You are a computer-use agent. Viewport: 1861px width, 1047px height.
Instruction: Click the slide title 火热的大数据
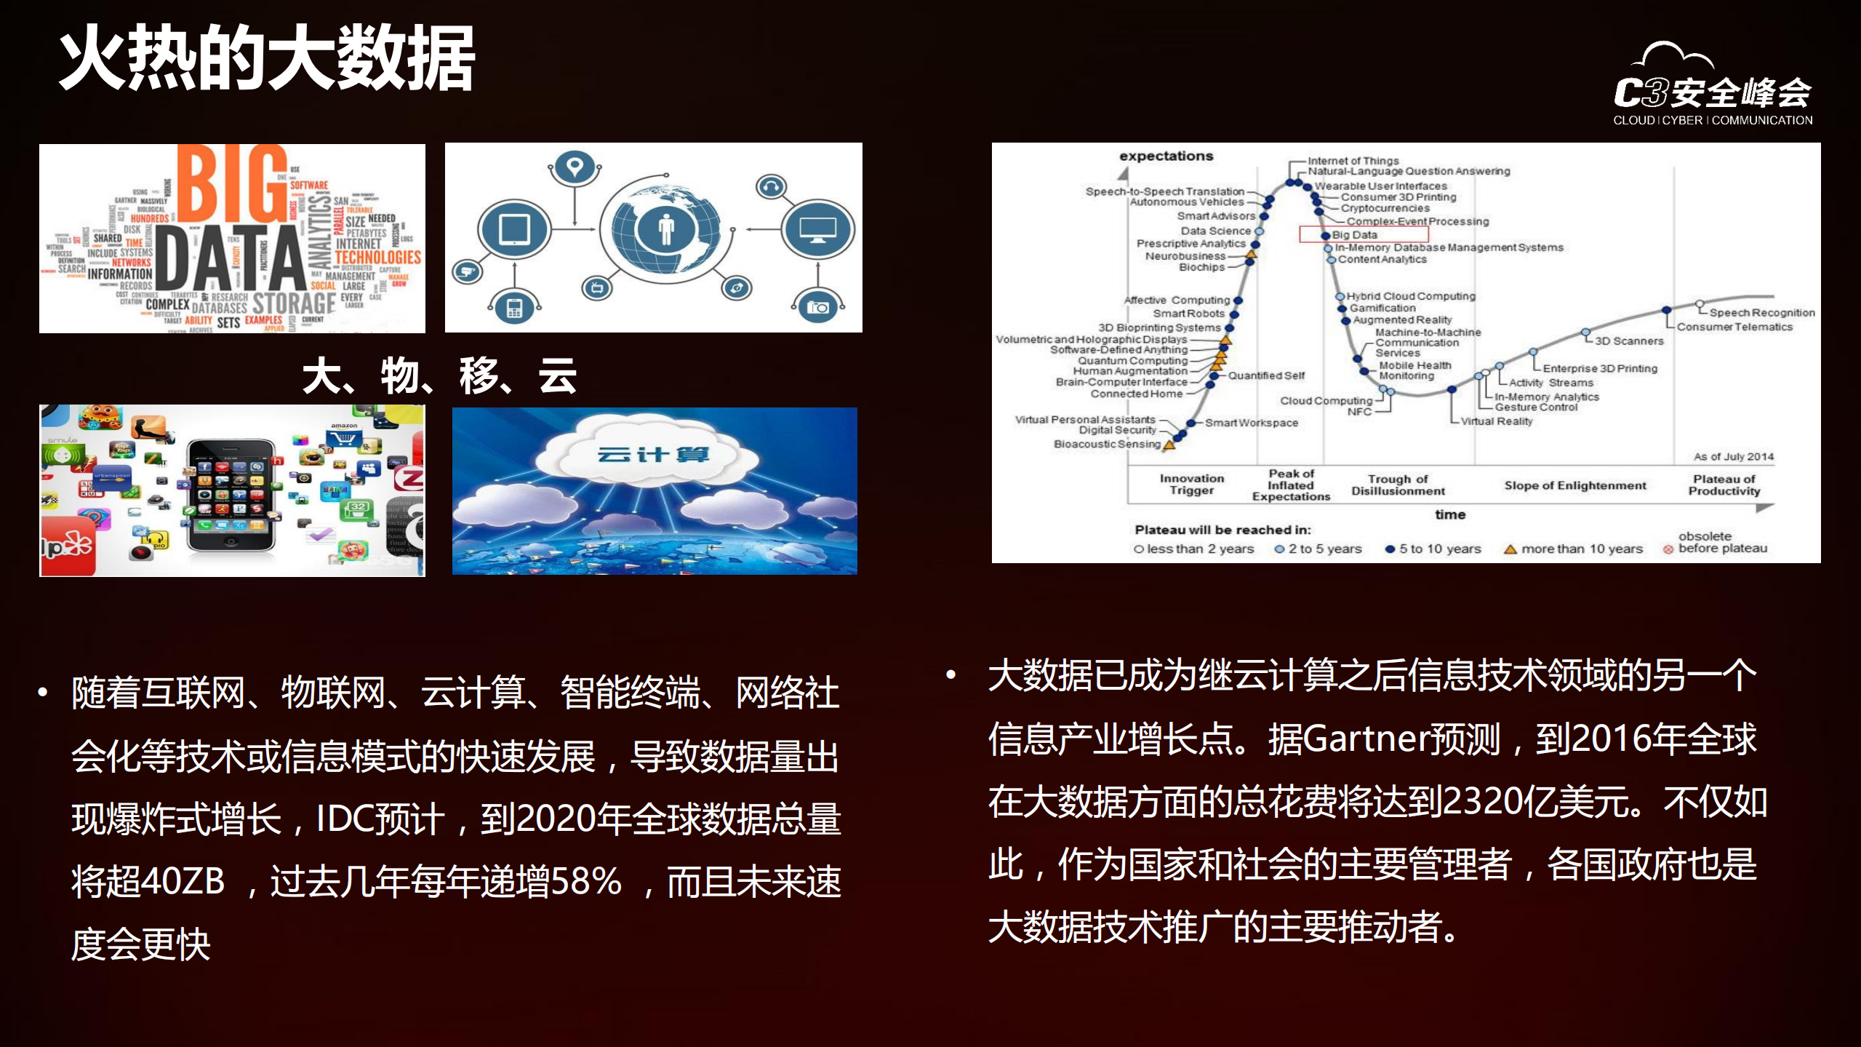pos(266,58)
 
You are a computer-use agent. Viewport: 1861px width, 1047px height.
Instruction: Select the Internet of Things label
pos(1353,160)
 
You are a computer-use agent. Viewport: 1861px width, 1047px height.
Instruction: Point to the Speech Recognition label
pos(1761,312)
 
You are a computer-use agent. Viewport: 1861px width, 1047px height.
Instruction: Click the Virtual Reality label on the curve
pos(1496,421)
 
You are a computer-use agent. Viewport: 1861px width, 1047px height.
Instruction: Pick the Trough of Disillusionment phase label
pos(1398,485)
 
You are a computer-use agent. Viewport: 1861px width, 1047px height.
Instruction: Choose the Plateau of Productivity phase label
pos(1724,485)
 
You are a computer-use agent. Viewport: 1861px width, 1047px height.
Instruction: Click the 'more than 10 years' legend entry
pos(1581,549)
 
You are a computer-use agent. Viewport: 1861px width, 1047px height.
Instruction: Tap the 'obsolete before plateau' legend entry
pos(1721,542)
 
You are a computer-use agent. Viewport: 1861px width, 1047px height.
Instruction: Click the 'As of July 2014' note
pos(1733,456)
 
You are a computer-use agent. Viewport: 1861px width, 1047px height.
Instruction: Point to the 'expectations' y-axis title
pos(1166,156)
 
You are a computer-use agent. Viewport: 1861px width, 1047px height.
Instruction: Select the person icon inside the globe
pos(665,230)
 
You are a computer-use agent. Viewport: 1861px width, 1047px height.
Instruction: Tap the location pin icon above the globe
pos(575,167)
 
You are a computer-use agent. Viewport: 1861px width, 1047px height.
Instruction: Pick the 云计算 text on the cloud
pos(652,455)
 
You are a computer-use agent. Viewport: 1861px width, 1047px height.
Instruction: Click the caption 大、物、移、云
pos(439,376)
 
